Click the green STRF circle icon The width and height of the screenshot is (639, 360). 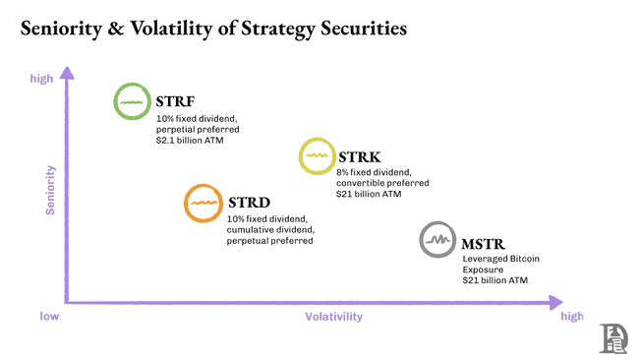(132, 101)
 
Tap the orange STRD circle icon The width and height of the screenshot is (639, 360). (203, 203)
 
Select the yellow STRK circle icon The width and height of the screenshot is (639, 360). (318, 157)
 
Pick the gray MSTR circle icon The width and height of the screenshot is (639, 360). (436, 239)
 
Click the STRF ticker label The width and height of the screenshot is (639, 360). (174, 101)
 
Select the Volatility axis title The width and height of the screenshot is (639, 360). (334, 317)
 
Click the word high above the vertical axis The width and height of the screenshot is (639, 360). (42, 78)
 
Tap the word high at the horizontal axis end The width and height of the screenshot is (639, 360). (571, 317)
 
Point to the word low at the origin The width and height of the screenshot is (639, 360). (50, 317)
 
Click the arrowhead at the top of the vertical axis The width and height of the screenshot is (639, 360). (68, 72)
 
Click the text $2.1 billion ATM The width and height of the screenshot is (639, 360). (192, 140)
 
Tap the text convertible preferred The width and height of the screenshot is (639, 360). (382, 183)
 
